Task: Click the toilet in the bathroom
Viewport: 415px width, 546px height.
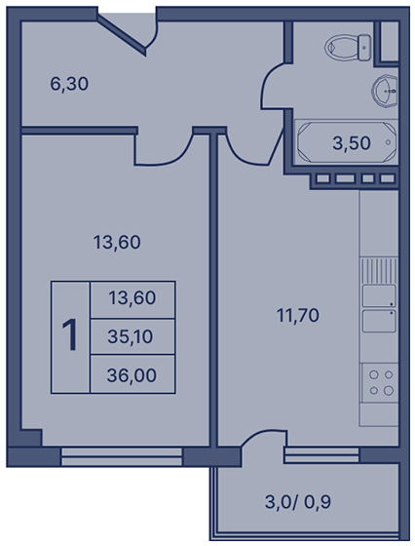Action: click(347, 48)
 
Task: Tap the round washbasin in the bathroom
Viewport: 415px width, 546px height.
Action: click(385, 91)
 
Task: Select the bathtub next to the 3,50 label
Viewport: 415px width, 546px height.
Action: click(347, 142)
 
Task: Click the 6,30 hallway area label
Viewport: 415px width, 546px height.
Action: click(69, 84)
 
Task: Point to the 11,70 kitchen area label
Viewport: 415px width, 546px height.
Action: click(298, 316)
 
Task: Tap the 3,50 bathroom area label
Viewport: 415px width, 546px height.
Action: click(352, 143)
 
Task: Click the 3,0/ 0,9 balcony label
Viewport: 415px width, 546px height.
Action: click(298, 502)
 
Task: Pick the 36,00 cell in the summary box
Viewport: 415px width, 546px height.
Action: click(132, 375)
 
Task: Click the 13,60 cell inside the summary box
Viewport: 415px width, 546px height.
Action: click(132, 298)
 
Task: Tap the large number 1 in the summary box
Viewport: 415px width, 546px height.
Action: click(70, 335)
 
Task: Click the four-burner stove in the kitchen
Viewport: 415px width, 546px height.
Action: click(380, 383)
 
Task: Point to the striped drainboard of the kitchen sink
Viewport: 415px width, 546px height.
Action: click(379, 271)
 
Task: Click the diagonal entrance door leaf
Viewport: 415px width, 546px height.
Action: click(122, 34)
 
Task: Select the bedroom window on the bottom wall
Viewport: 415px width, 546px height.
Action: click(122, 456)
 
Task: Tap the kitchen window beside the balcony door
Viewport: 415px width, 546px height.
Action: click(321, 455)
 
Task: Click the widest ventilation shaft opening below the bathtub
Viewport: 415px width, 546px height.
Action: click(345, 179)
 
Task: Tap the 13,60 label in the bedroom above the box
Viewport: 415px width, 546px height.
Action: click(117, 243)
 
